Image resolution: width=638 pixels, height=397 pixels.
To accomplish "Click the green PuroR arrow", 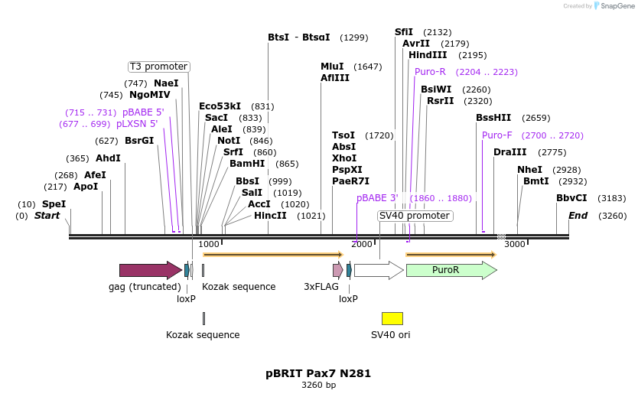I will [x=451, y=270].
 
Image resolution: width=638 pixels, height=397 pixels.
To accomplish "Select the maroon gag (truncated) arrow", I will [x=150, y=270].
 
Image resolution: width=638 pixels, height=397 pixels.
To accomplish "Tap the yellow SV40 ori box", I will [x=392, y=318].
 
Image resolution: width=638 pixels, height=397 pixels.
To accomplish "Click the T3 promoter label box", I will [x=158, y=67].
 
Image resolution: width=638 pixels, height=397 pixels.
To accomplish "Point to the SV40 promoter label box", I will [x=415, y=216].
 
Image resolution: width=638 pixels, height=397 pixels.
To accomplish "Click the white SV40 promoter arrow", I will [x=379, y=270].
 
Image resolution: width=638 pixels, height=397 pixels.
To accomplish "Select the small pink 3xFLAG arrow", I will [x=337, y=270].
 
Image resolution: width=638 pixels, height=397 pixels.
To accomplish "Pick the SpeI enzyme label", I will [x=54, y=204].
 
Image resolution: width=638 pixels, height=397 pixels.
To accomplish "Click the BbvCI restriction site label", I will [x=571, y=198].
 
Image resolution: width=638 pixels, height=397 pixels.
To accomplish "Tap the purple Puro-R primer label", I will [x=430, y=72].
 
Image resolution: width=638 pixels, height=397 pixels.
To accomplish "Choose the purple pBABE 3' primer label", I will [x=377, y=198].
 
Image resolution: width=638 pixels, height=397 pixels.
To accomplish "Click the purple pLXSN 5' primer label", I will [x=137, y=124].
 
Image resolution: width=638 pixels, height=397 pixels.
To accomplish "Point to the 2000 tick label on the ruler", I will [x=362, y=244].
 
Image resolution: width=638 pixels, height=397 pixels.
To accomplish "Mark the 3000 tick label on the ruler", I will [x=515, y=244].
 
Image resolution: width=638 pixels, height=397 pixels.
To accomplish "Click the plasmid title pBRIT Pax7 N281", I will [x=318, y=373].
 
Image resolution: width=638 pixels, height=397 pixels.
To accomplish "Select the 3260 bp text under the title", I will [x=318, y=385].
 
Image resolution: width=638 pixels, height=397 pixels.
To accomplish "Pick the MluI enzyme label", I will [x=332, y=67].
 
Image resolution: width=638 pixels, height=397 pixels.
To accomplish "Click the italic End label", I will [x=578, y=216].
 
